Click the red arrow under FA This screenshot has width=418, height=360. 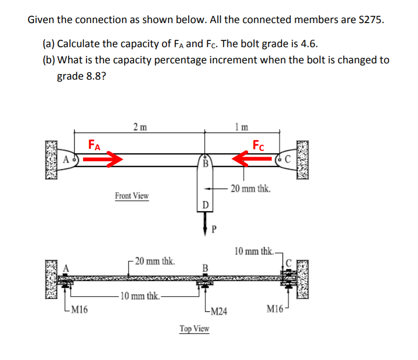102,159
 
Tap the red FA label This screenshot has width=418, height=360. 95,144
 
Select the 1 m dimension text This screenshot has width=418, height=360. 241,126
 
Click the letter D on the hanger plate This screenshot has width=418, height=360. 206,204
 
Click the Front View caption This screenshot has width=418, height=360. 132,196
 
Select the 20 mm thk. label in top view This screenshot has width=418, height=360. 155,261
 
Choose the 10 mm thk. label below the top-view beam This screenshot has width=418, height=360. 139,296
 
